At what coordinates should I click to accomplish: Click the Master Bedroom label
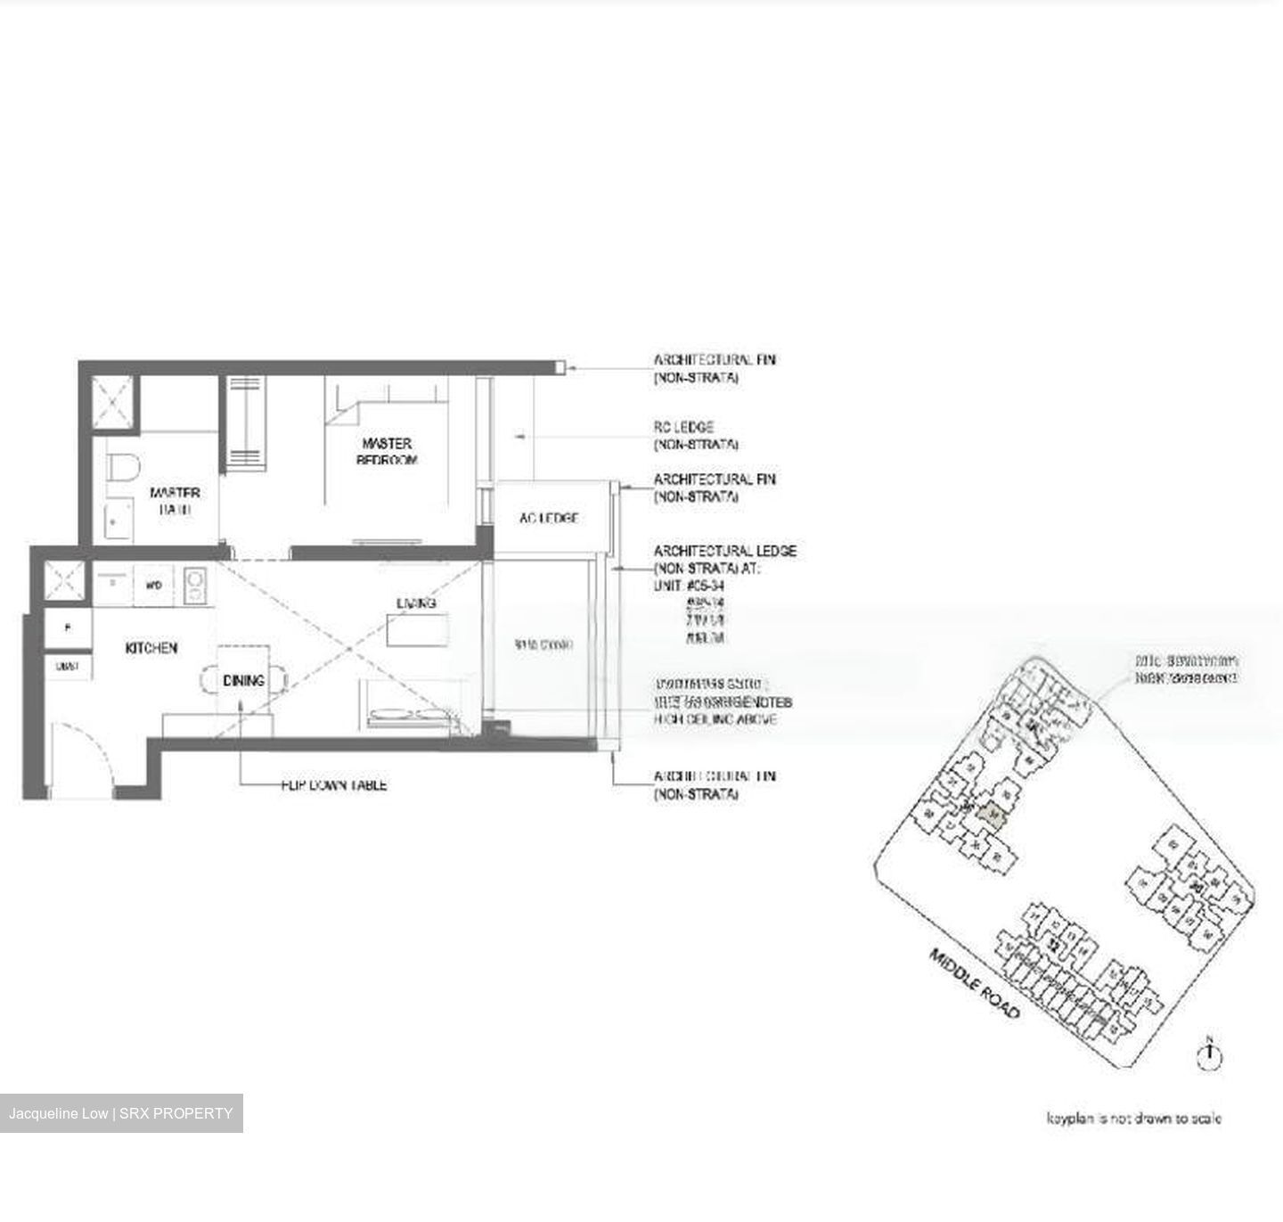pos(387,451)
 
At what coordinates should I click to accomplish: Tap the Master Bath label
pos(175,501)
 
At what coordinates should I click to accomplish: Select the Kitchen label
pos(151,648)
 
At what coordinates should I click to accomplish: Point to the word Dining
pos(243,680)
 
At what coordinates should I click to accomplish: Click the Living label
pos(416,603)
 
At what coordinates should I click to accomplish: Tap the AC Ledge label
pos(549,518)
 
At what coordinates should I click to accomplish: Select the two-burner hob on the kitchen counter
pos(194,585)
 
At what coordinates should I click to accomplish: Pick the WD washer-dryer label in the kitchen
pos(153,586)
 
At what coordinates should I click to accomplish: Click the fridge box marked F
pos(68,627)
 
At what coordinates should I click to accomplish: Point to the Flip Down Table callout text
pos(333,785)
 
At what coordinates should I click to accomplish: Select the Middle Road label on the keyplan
pos(974,984)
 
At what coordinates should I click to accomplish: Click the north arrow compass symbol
pos(1210,1054)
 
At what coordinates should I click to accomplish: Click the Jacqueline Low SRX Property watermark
pos(121,1113)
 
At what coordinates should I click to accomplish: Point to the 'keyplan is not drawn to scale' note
pos(1133,1118)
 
